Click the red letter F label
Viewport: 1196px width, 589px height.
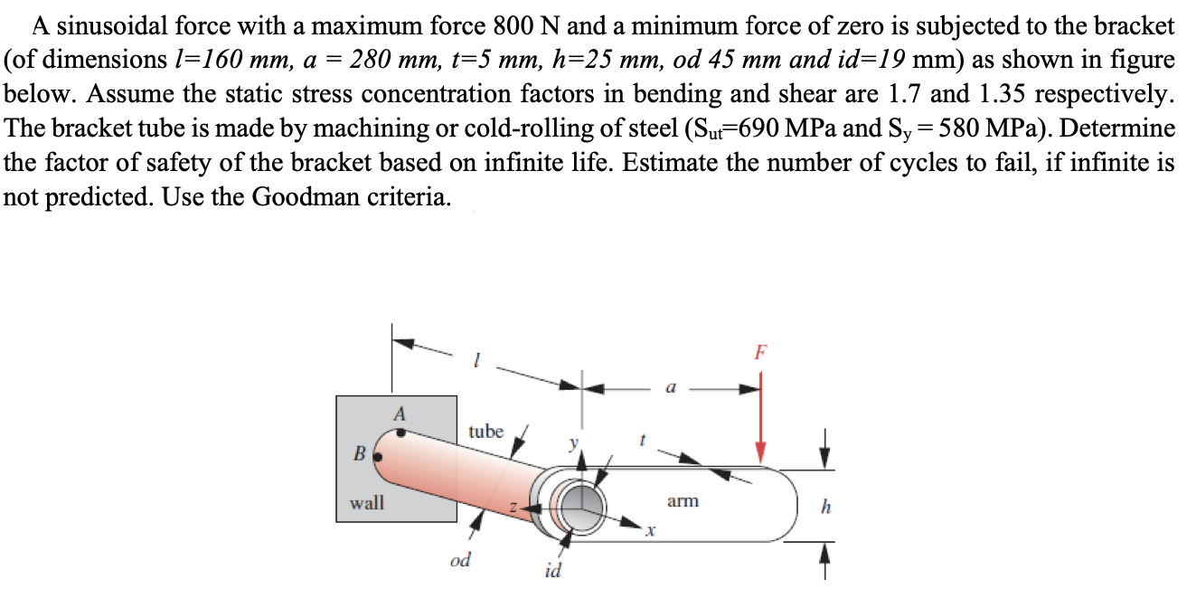click(761, 352)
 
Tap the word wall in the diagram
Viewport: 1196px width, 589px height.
click(367, 501)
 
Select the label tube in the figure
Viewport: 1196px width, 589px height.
click(485, 432)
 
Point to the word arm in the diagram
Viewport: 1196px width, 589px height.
click(683, 499)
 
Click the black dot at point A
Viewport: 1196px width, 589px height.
click(401, 432)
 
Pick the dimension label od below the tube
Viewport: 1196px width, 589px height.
click(460, 560)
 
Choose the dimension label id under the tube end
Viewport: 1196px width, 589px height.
click(552, 571)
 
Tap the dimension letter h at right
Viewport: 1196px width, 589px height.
click(823, 507)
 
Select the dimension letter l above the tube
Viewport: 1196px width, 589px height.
click(476, 362)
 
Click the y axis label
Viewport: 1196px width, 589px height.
click(571, 444)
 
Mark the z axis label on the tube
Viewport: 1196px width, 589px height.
click(513, 512)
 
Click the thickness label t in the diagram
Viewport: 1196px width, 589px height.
click(642, 440)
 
